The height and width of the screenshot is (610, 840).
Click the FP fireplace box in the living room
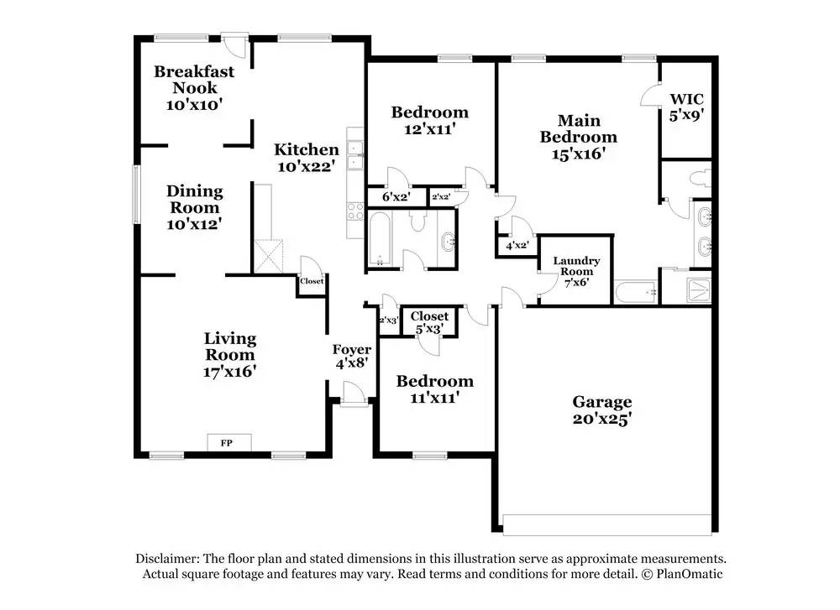coord(228,442)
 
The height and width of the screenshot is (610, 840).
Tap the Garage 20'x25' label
coord(602,410)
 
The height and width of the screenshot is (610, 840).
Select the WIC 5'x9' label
coord(686,107)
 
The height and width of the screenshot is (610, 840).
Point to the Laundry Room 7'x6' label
coord(576,271)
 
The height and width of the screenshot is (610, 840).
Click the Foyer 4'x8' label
coord(351,357)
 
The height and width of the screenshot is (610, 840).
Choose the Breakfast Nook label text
coord(194,79)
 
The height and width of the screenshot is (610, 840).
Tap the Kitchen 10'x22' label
coord(307,157)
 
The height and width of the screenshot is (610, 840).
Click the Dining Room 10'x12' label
coord(195,207)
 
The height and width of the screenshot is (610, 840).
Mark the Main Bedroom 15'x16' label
coord(579,137)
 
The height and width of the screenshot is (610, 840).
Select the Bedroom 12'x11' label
coord(429,120)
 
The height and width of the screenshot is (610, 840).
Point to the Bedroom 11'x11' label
coord(435,389)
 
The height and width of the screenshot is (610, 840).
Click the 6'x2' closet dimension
coord(396,197)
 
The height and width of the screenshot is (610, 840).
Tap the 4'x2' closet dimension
coord(517,246)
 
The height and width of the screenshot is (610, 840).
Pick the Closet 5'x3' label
coord(429,322)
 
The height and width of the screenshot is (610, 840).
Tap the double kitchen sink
coord(354,154)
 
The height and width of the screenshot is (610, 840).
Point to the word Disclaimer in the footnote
coord(167,559)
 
